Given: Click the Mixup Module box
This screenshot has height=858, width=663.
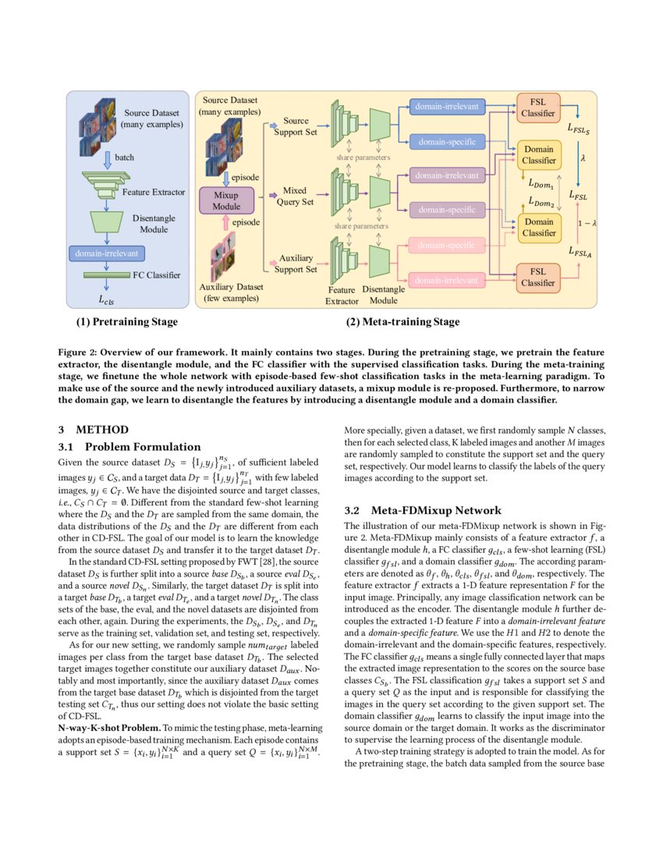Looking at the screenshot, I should point(226,200).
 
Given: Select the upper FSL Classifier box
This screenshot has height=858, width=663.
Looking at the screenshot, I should point(538,107).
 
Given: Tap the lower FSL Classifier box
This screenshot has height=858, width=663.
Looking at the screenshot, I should point(538,277).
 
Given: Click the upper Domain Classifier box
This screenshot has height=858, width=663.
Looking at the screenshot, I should point(538,154).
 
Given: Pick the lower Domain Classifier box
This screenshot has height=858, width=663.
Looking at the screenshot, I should point(538,227).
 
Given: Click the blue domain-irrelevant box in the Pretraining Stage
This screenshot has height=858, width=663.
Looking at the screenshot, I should point(104,253).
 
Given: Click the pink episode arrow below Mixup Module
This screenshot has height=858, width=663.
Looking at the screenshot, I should point(226,223).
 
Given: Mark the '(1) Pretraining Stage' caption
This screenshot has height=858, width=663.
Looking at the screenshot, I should point(126,322).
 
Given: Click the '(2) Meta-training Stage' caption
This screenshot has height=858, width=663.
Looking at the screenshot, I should point(402,322).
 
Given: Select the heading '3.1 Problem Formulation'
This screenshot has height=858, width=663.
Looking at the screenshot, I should point(129,447).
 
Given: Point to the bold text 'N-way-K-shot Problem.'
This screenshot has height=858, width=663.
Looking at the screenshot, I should point(110,727).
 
